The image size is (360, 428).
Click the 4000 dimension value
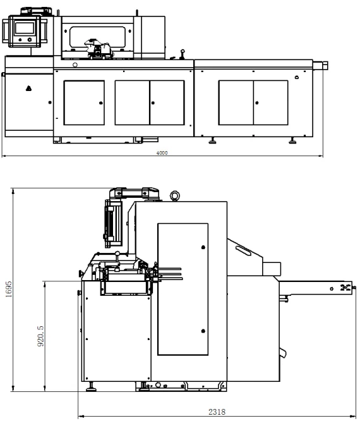pyautogui.click(x=162, y=153)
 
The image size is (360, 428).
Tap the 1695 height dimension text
pyautogui.click(x=9, y=290)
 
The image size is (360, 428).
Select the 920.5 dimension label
pyautogui.click(x=40, y=336)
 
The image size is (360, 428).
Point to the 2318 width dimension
pyautogui.click(x=217, y=412)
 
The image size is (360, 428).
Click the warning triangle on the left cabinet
pyautogui.click(x=28, y=88)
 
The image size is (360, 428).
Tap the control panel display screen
pyautogui.click(x=25, y=28)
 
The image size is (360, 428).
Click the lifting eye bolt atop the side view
pyautogui.click(x=174, y=196)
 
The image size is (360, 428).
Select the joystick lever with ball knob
pyautogui.click(x=183, y=54)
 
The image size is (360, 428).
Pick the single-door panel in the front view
pyautogui.click(x=84, y=102)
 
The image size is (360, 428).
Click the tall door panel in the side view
pyautogui.click(x=183, y=290)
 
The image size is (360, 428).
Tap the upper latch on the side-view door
pyautogui.click(x=203, y=247)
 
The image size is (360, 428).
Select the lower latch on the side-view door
pyautogui.click(x=203, y=331)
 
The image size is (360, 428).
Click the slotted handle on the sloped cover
pyautogui.click(x=243, y=250)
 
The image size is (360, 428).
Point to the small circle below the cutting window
pyautogui.click(x=75, y=65)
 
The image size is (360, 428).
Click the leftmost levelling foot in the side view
pyautogui.click(x=91, y=388)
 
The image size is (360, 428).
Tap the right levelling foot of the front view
pyautogui.click(x=292, y=140)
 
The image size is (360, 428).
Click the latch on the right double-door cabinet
pyautogui.click(x=257, y=103)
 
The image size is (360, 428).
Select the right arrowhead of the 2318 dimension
pyautogui.click(x=354, y=417)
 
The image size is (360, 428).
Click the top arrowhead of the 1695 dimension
pyautogui.click(x=13, y=191)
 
